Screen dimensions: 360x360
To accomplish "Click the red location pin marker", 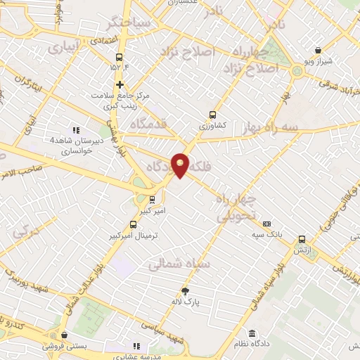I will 181,165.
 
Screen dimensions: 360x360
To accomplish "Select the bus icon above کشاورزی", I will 213,115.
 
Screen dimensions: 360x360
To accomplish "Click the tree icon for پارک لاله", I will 186,292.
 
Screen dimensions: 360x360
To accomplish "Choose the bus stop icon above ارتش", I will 302,239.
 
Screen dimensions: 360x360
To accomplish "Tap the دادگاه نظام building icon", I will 252,333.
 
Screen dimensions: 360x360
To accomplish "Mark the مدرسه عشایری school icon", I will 136,346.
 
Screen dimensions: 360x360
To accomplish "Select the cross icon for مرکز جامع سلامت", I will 120,84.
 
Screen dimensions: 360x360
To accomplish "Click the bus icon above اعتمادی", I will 119,56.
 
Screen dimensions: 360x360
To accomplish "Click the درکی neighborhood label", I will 24,229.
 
